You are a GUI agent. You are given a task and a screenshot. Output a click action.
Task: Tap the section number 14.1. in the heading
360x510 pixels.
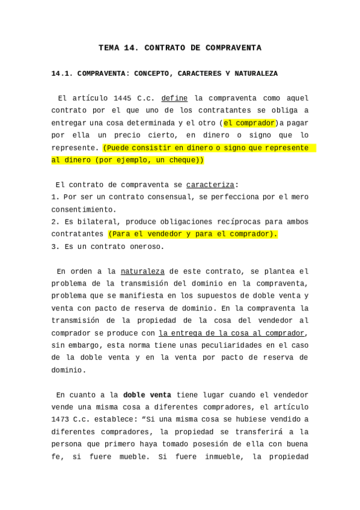(x=62, y=73)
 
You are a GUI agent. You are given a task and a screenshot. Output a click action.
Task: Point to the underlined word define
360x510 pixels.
(x=174, y=98)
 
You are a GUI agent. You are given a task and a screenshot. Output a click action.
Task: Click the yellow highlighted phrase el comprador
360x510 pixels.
(x=249, y=123)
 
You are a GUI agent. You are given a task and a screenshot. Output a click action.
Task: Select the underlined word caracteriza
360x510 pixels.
(x=210, y=185)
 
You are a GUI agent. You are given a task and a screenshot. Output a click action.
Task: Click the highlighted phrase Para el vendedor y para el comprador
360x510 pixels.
(x=193, y=234)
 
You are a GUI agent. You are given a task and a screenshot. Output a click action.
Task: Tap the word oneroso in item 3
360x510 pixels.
(x=147, y=247)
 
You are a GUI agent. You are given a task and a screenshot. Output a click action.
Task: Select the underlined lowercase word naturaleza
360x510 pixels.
(x=142, y=271)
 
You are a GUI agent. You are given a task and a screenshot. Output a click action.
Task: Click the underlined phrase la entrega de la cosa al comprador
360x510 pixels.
(x=232, y=333)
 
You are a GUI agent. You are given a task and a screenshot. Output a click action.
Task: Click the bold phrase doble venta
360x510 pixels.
(x=147, y=395)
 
